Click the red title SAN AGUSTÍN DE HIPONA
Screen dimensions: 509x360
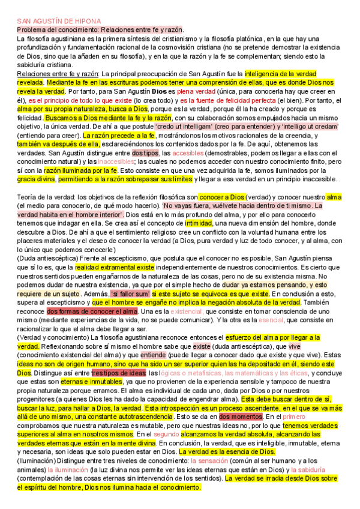click(59, 21)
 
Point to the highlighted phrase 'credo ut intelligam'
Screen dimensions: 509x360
click(182, 127)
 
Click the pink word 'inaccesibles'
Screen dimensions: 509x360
click(117, 162)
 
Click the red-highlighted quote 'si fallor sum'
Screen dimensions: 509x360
click(130, 294)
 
